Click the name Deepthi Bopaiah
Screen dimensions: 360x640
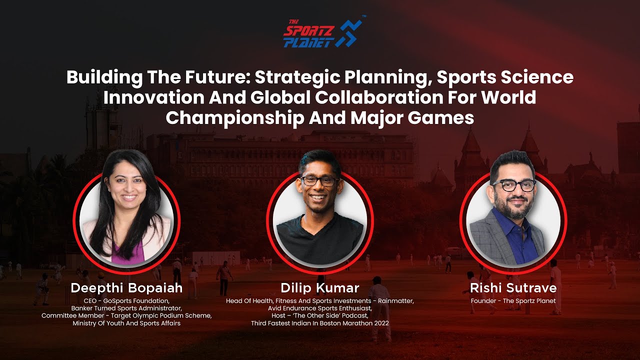(126, 288)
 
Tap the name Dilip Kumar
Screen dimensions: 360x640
(319, 288)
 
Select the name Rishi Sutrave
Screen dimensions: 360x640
(513, 288)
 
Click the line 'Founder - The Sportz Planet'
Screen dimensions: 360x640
(513, 301)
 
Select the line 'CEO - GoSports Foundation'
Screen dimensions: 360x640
(126, 301)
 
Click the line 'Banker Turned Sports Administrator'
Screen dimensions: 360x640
(126, 308)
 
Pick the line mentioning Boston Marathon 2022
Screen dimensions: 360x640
(319, 323)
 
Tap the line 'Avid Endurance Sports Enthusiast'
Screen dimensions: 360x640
(319, 308)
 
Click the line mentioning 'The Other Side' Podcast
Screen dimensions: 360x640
(319, 316)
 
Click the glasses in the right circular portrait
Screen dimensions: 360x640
(514, 185)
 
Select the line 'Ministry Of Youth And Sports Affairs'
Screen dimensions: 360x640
(126, 323)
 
